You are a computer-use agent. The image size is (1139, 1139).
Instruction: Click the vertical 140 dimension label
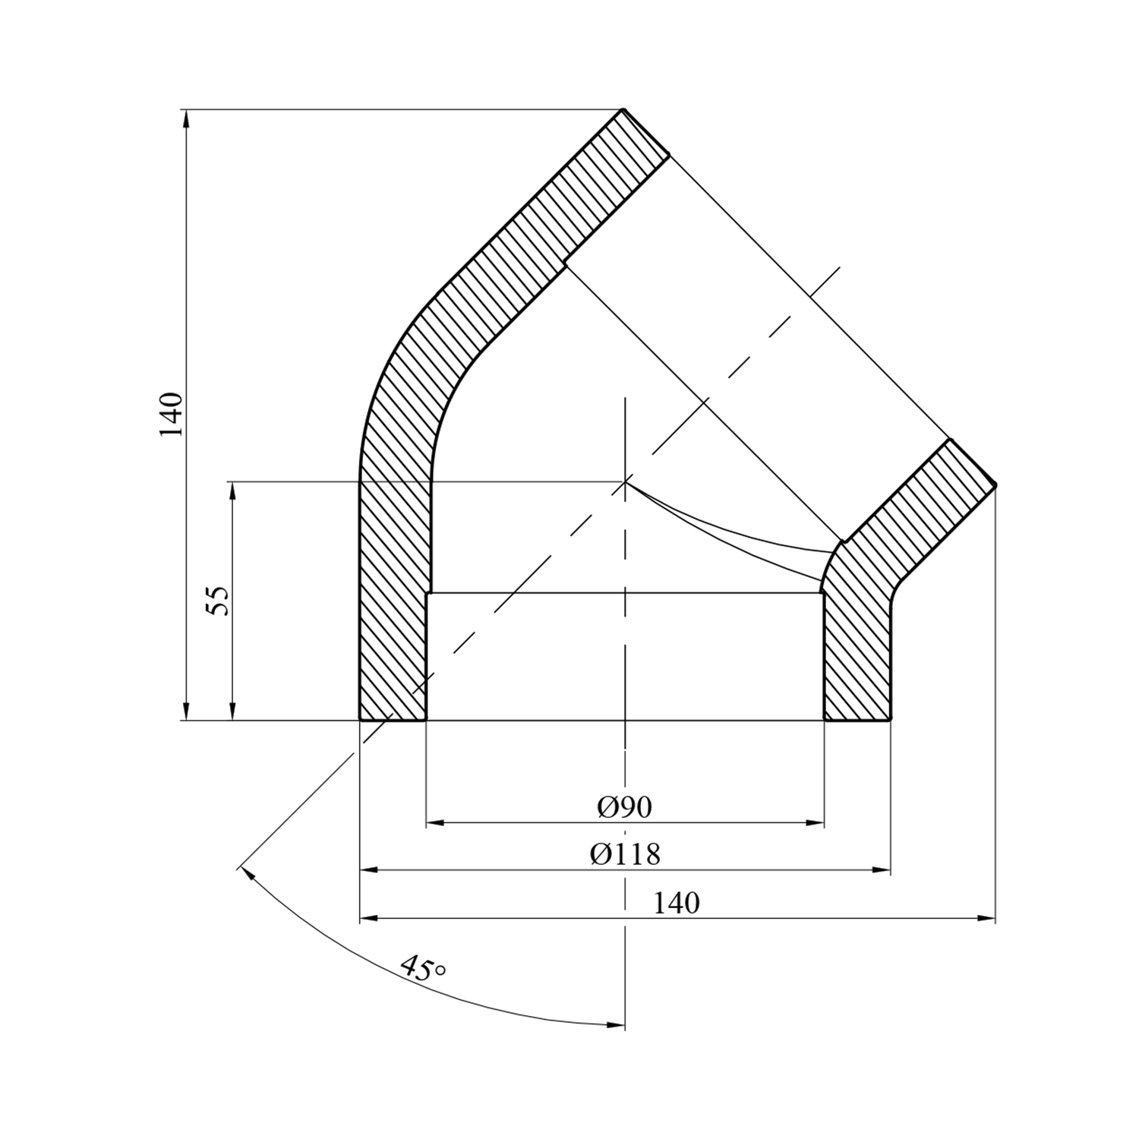[172, 415]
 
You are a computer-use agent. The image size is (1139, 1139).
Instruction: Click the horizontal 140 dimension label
[676, 904]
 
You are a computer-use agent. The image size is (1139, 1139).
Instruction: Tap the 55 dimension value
[218, 601]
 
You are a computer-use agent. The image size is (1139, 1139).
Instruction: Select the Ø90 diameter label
[624, 808]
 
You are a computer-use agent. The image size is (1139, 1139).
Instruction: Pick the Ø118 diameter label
[625, 855]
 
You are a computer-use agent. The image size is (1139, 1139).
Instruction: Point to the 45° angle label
[421, 968]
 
